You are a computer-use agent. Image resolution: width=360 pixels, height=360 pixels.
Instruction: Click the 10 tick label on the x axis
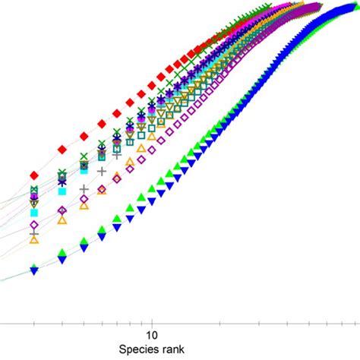(x=150, y=334)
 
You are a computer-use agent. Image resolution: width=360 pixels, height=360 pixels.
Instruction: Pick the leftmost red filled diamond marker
(x=34, y=175)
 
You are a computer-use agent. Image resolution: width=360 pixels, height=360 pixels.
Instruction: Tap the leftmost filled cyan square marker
(x=34, y=212)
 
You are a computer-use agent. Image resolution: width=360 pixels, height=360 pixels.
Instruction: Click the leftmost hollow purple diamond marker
(x=34, y=226)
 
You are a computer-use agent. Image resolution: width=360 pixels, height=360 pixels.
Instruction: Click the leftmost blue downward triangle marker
(x=34, y=270)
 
